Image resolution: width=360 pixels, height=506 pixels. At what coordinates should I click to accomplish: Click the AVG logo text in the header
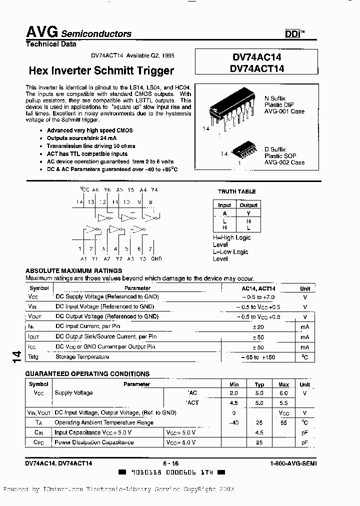coord(42,32)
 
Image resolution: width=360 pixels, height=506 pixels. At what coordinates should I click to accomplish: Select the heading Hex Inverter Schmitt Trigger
coord(101,70)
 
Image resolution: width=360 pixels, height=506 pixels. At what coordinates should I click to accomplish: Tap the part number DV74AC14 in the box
coord(257,58)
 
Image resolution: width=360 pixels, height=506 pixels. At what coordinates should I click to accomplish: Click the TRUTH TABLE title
coord(236,191)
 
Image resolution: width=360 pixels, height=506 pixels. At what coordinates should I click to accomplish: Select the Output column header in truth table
coord(248,205)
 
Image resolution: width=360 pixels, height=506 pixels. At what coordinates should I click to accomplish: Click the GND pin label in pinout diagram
coord(156,258)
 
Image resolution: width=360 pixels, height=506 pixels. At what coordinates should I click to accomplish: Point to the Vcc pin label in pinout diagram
coord(84,190)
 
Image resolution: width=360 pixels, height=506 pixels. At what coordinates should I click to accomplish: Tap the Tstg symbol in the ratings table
coord(33,357)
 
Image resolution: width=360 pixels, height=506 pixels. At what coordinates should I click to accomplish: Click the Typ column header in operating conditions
coord(259,384)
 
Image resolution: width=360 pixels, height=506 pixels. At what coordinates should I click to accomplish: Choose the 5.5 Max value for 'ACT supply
coord(283,402)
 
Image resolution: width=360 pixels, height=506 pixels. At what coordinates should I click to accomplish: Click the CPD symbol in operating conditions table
coord(39,442)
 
